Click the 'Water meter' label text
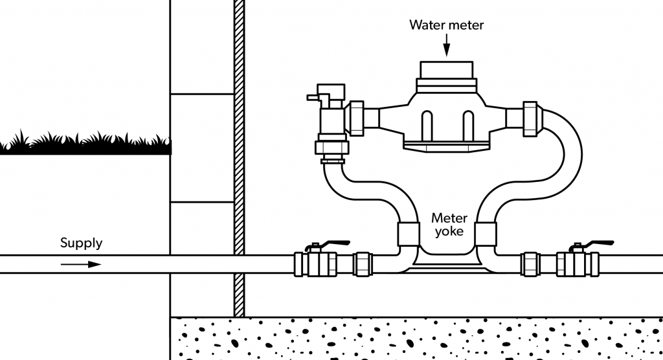pos(446,25)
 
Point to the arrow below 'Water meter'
pos(446,46)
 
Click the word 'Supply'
pos(81,243)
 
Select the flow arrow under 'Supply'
pos(81,264)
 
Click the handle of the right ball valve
pos(592,244)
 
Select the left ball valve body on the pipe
pos(315,264)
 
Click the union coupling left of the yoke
pos(363,264)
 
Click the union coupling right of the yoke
pos(532,264)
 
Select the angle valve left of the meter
pos(331,120)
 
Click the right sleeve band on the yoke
pos(486,233)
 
